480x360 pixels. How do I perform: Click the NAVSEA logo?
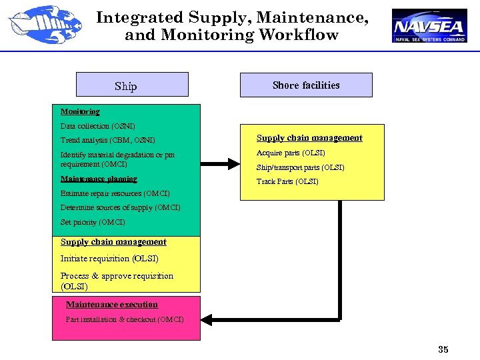coord(429,26)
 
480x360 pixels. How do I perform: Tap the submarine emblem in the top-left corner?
coord(38,24)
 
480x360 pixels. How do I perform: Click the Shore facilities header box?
coord(306,85)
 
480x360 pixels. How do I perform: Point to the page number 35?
coord(443,349)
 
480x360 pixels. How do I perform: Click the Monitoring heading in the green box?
coord(80,111)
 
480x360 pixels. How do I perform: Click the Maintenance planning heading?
coord(99,179)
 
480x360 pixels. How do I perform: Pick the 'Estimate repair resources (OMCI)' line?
coord(115,193)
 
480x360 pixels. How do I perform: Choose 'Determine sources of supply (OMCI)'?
coord(120,207)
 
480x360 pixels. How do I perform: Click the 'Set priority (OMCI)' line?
coord(93,222)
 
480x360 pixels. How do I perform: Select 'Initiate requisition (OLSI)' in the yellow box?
coord(109,259)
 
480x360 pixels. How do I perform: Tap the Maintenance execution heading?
coord(112,305)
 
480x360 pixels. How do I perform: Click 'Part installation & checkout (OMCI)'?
coord(125,319)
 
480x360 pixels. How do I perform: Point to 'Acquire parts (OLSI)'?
coord(291,153)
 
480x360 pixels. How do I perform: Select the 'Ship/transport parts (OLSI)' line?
coord(301,167)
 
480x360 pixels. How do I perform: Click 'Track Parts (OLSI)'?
coord(287,181)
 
